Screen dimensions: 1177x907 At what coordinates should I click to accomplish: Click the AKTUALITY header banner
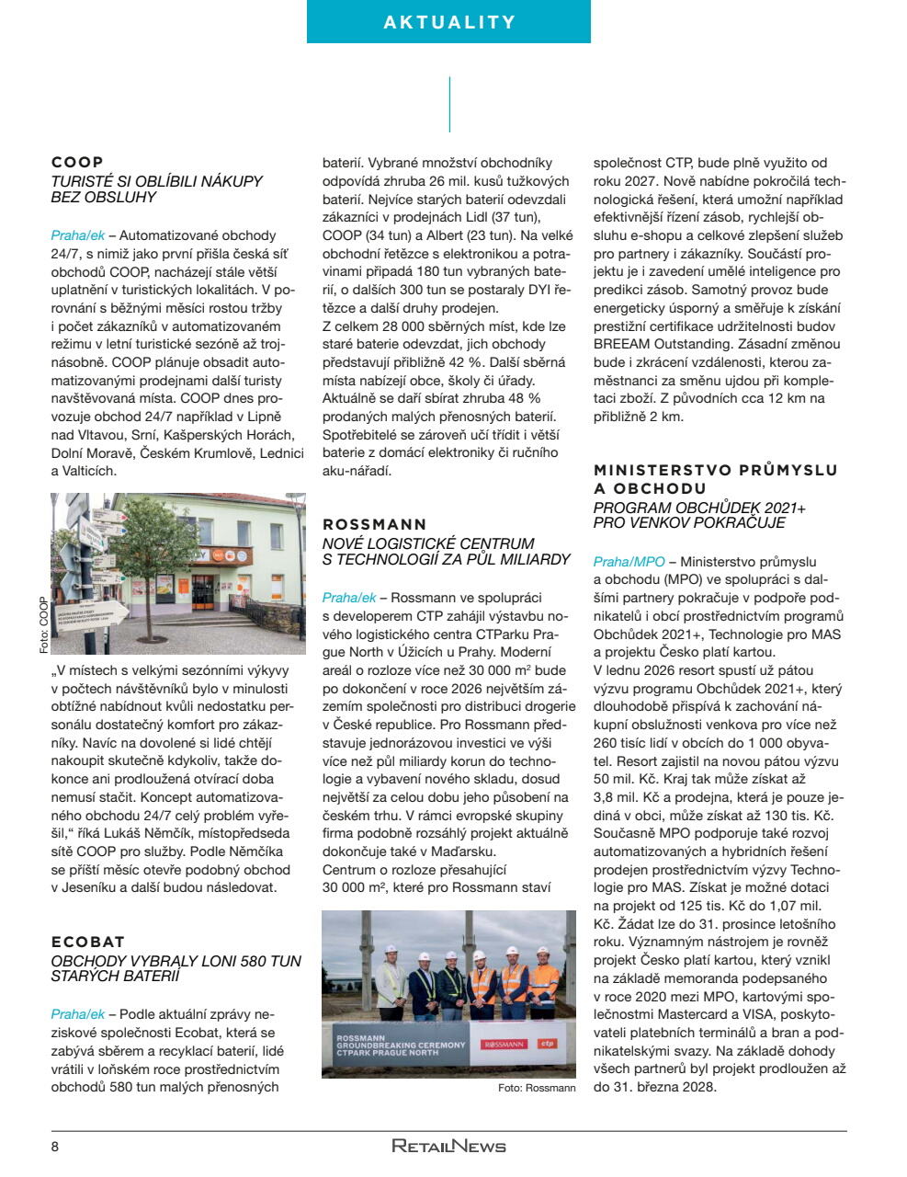[x=448, y=22]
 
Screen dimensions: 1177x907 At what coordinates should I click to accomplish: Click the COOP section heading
[x=77, y=162]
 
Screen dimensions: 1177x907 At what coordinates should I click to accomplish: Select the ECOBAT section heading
[x=87, y=942]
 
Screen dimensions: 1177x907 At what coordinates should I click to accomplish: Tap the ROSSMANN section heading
[x=374, y=524]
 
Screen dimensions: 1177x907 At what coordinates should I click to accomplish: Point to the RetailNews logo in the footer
[x=448, y=1146]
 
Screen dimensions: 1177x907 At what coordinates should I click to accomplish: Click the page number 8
[x=55, y=1147]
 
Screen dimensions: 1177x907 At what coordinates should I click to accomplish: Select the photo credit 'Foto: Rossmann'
[x=537, y=1088]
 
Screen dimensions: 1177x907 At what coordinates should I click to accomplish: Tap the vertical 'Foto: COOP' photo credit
[x=43, y=625]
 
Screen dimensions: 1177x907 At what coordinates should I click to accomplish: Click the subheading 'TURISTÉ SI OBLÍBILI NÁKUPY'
[x=156, y=181]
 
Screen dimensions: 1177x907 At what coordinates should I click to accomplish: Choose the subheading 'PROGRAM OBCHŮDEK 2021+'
[x=699, y=508]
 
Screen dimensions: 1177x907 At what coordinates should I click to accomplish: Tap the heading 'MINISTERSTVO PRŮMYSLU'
[x=715, y=470]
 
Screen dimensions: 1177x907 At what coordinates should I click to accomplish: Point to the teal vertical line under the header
[x=449, y=104]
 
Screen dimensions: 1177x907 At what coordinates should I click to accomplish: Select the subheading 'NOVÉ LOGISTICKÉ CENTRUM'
[x=427, y=543]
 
